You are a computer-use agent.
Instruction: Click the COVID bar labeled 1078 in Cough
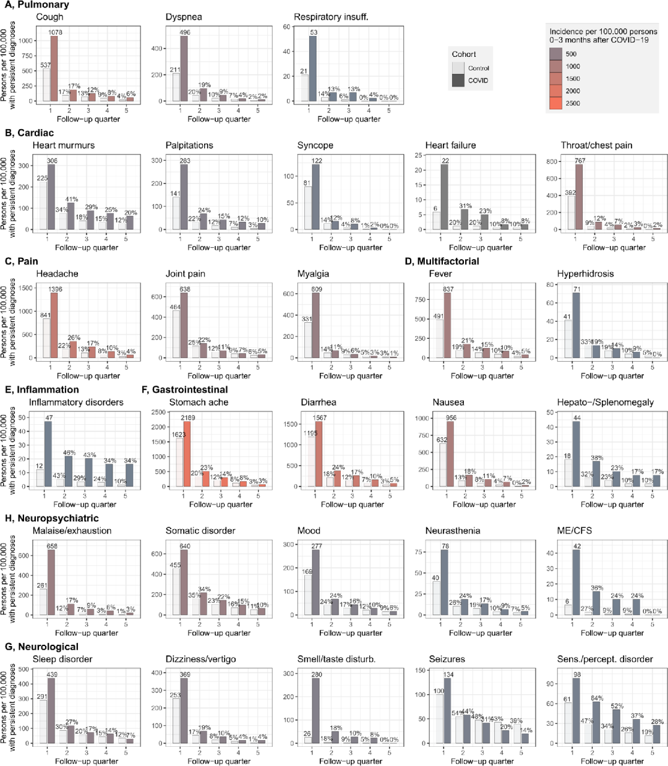pos(54,68)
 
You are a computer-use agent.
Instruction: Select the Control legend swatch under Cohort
pos(458,68)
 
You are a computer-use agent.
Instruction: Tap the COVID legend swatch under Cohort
pos(458,80)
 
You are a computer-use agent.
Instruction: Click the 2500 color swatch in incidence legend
pos(556,103)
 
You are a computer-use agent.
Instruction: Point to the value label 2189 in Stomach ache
pos(188,418)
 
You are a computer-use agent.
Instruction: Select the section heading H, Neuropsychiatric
pos(52,518)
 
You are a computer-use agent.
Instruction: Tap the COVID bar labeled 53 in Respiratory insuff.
pos(313,68)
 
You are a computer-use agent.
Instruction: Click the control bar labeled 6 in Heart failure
pos(437,221)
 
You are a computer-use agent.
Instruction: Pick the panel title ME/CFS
pos(573,530)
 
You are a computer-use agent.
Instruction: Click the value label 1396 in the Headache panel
pos(55,289)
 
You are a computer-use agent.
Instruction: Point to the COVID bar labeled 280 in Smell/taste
pos(317,711)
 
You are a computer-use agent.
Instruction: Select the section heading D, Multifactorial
pos(442,261)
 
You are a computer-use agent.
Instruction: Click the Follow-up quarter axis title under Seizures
pos(482,761)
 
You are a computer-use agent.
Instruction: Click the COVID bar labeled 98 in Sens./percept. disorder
pos(576,710)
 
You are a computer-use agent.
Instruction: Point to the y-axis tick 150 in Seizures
pos(421,670)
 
